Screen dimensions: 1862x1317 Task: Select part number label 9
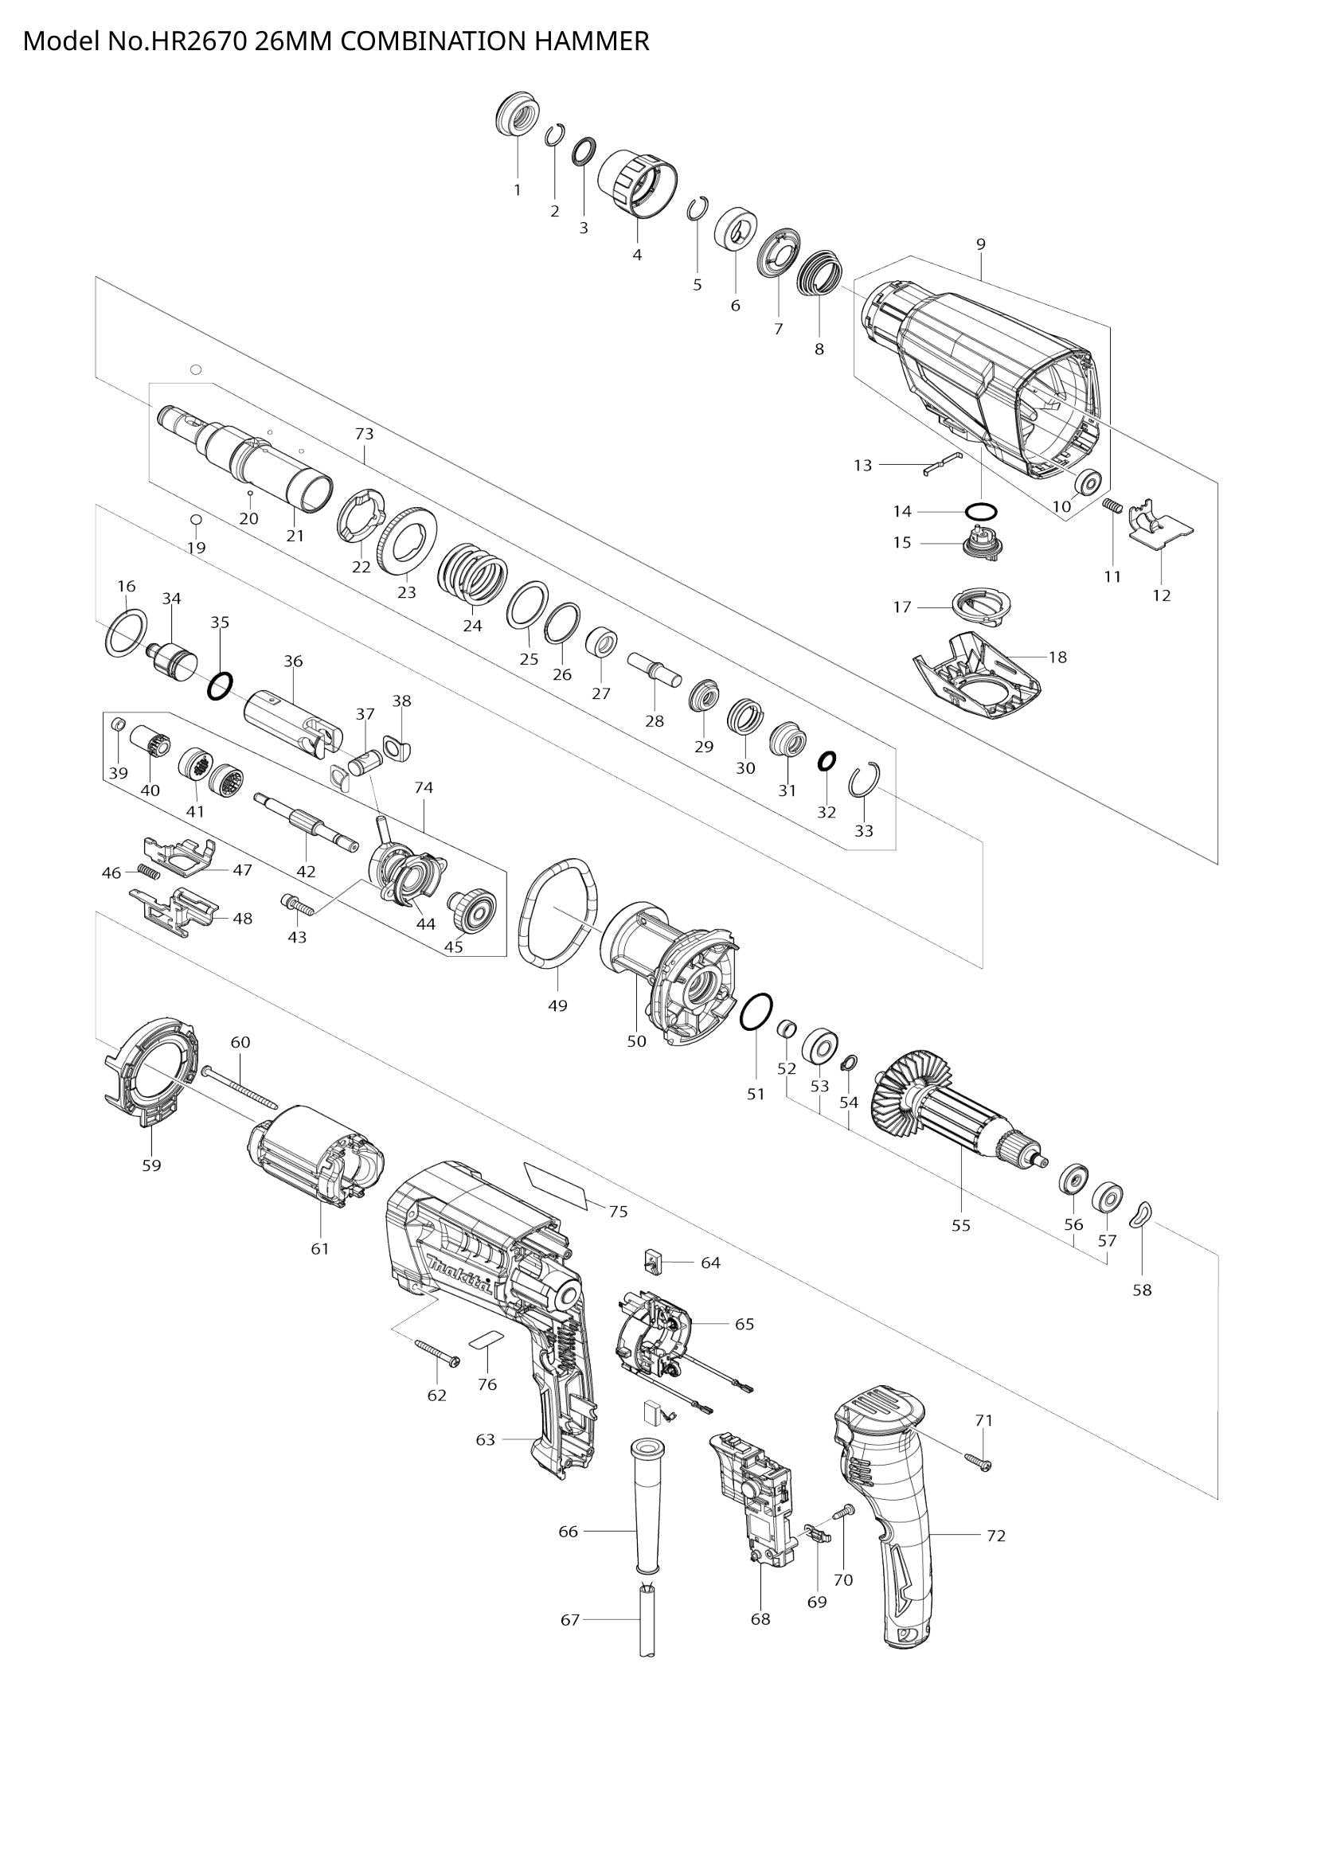click(980, 244)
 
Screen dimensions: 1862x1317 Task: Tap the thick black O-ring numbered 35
click(219, 686)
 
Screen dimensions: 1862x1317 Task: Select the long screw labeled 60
click(240, 1088)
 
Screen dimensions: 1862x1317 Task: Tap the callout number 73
click(364, 434)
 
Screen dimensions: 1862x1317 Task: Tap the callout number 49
click(557, 1005)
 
